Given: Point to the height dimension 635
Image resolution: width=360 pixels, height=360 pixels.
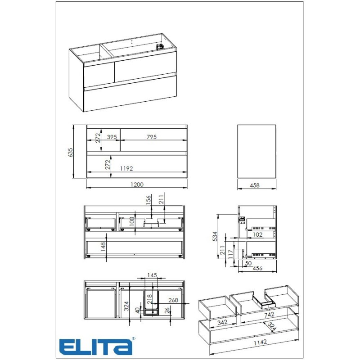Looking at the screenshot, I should pos(70,153).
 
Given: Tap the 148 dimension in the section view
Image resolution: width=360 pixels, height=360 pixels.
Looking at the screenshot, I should pos(103,247).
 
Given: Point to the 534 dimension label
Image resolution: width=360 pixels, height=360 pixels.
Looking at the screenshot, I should pos(215,236).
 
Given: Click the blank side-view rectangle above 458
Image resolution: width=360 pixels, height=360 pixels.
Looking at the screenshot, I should pos(256,152).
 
